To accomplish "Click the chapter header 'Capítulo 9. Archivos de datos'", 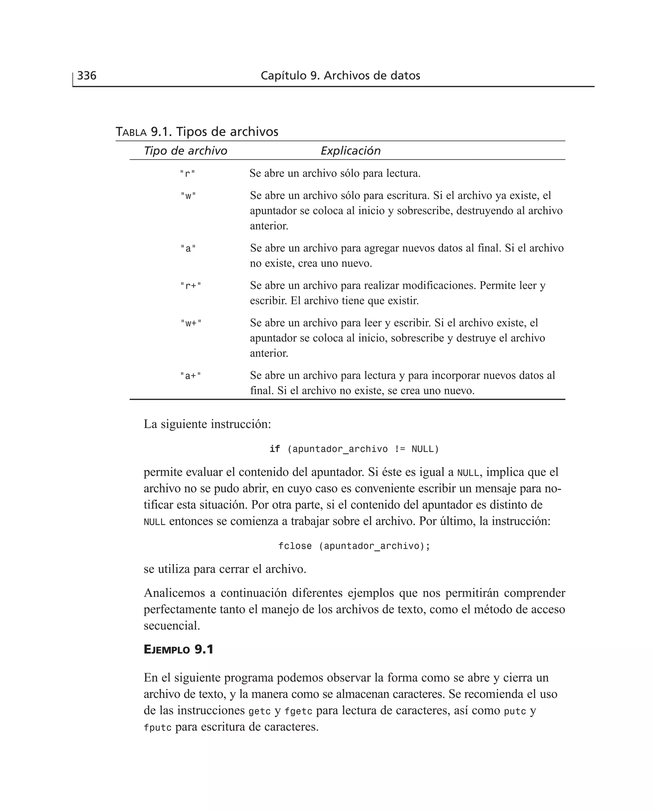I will pos(340,76).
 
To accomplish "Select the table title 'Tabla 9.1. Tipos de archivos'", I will pos(197,132).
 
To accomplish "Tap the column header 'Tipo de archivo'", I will pos(186,151).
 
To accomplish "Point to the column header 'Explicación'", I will pos(350,151).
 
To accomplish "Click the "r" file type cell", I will pos(187,174).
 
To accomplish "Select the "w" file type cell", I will pos(188,196).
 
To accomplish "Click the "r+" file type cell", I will pos(190,286).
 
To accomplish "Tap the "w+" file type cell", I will pos(191,323).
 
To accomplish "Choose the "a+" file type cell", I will pos(190,376).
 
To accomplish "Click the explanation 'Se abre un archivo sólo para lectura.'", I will pos(335,173).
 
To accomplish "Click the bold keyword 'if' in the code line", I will pos(275,449).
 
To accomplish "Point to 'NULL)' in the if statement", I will pos(425,449).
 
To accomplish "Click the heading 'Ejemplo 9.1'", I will pos(178,650).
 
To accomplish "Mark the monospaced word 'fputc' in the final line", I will pos(157,728).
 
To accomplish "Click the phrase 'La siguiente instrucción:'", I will pos(207,424).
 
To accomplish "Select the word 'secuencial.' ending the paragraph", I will pos(172,626).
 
